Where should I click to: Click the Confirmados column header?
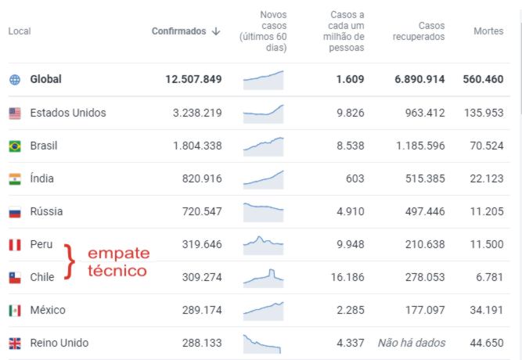[185, 31]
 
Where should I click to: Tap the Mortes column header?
[488, 31]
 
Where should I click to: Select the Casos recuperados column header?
[419, 31]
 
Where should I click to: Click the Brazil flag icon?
[15, 146]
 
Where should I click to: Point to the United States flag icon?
[15, 113]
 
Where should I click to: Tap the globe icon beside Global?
[15, 80]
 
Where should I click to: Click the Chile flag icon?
[15, 277]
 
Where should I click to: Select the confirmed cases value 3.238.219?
[197, 113]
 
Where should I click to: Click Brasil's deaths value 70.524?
[484, 146]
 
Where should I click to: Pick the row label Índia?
[41, 178]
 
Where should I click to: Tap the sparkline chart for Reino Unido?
[263, 343]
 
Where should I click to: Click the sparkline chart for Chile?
[263, 277]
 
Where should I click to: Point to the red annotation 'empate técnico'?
[117, 262]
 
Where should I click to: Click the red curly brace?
[70, 261]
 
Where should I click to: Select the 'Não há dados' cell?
[412, 343]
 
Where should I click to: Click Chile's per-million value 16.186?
[344, 277]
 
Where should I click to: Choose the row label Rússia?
[46, 211]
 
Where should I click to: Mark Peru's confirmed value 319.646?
[197, 244]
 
